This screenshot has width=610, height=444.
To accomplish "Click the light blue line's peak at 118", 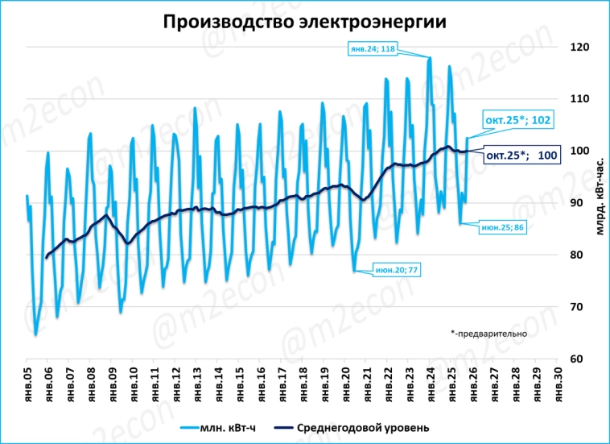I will coord(430,58).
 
